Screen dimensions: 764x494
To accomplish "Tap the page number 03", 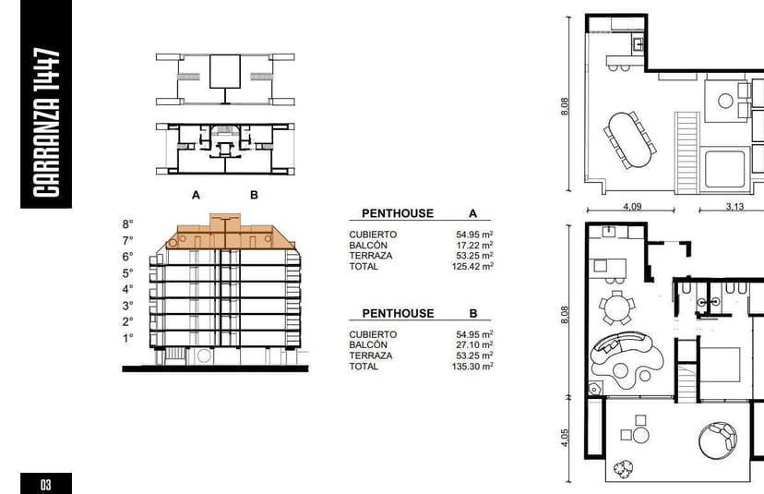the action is [x=46, y=484].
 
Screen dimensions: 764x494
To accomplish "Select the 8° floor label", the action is [x=127, y=224].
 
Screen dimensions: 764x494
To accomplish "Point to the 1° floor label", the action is [x=127, y=338].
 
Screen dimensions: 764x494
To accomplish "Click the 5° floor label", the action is [x=127, y=273].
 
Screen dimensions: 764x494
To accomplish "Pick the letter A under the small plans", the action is [x=196, y=195].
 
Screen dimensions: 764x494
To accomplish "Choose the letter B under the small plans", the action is [x=254, y=195].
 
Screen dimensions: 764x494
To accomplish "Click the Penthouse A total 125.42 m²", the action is [x=472, y=266].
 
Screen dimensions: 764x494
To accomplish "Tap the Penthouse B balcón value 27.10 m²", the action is [x=474, y=344].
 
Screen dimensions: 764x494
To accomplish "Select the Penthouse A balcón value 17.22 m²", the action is [x=474, y=245].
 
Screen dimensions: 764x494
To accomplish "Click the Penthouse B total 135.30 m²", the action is [x=472, y=367].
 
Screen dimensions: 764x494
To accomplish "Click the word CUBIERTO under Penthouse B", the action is [x=373, y=334].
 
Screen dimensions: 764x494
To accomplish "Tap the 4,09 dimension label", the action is [x=632, y=206].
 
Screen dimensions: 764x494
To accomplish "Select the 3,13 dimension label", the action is [x=734, y=206].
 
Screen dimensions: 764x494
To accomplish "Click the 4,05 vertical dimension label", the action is [x=564, y=438].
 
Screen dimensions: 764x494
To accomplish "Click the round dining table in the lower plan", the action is [x=617, y=307].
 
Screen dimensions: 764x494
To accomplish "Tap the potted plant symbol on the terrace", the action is [x=623, y=469].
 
